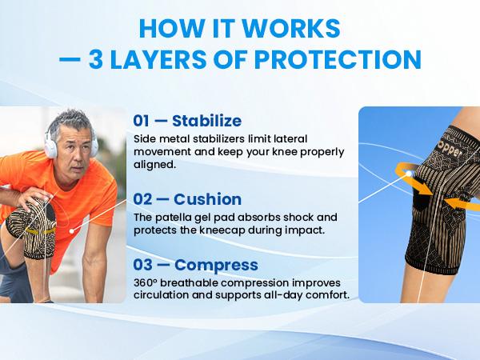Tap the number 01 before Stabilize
click(142, 121)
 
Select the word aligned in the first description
click(155, 165)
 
